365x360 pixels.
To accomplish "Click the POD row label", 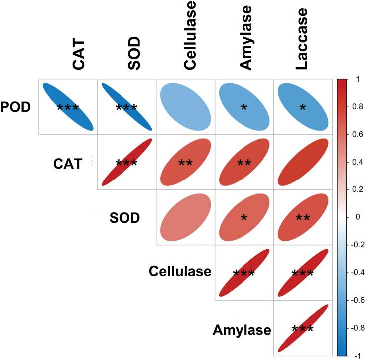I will point(16,107).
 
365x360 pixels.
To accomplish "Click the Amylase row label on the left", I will point(242,330).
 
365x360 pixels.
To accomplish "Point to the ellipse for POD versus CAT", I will point(68,106).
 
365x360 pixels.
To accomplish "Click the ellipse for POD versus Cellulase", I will point(185,106).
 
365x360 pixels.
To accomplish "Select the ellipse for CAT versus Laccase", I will point(303,162).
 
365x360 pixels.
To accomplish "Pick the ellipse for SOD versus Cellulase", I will point(185,217).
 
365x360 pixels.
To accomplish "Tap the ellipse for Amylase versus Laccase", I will point(303,329).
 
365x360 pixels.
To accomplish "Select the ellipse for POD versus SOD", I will point(126,106).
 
